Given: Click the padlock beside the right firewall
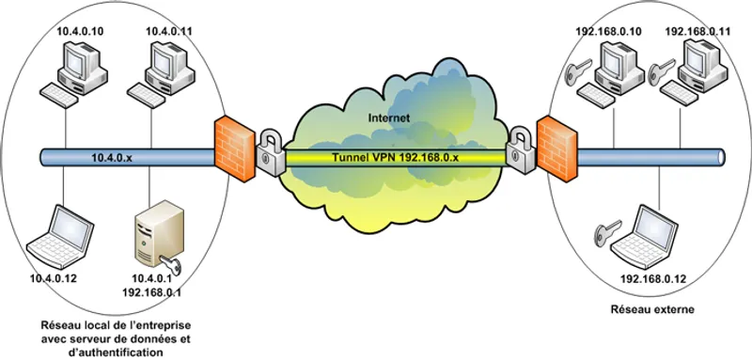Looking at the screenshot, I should coord(517,151).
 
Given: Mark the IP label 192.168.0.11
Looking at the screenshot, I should coord(698,32).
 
